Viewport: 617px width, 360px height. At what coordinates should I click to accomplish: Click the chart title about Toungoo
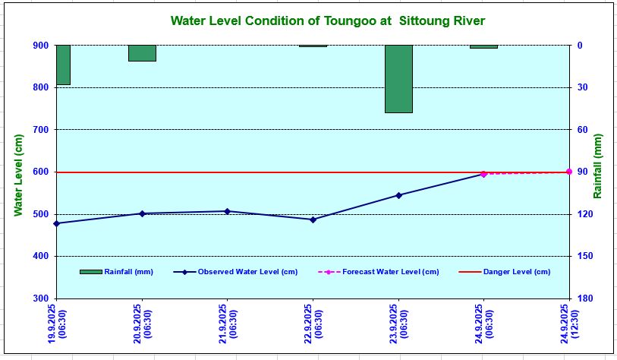pyautogui.click(x=327, y=21)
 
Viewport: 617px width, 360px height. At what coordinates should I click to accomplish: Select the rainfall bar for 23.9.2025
pyautogui.click(x=398, y=79)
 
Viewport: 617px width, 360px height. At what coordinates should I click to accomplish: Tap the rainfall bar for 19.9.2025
pyautogui.click(x=63, y=65)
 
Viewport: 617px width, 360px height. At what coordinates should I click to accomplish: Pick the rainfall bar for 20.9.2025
pyautogui.click(x=142, y=53)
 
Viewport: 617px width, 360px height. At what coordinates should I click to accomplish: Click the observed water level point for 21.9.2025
pyautogui.click(x=228, y=211)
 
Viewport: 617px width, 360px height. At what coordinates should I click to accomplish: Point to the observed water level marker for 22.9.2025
pyautogui.click(x=313, y=219)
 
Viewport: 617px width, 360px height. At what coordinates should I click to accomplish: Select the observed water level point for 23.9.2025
pyautogui.click(x=398, y=195)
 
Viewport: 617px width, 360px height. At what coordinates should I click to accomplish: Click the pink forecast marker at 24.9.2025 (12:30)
pyautogui.click(x=568, y=172)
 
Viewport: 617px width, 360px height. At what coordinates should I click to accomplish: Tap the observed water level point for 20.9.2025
pyautogui.click(x=142, y=213)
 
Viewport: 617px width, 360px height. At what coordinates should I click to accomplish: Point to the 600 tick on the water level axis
pyautogui.click(x=38, y=172)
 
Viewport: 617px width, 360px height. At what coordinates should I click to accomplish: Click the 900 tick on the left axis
pyautogui.click(x=38, y=46)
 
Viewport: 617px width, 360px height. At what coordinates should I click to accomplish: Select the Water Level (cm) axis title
pyautogui.click(x=18, y=175)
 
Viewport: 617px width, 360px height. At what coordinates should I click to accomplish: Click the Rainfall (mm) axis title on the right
pyautogui.click(x=599, y=167)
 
